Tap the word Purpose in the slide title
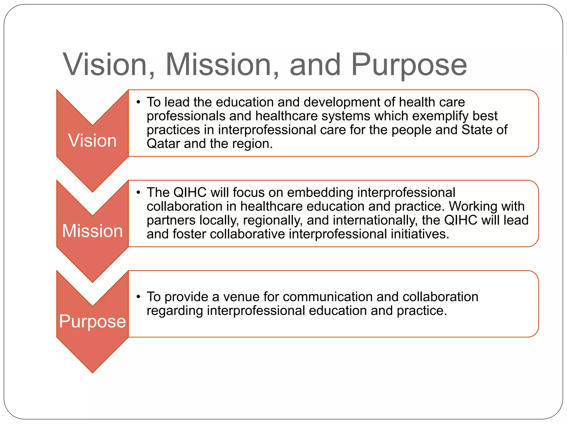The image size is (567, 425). point(409,65)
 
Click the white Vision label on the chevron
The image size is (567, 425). point(92,141)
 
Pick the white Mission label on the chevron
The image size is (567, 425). point(92,231)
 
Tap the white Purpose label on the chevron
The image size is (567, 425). point(92,322)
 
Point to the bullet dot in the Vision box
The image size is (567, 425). point(138,102)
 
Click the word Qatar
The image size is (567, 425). point(163,144)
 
